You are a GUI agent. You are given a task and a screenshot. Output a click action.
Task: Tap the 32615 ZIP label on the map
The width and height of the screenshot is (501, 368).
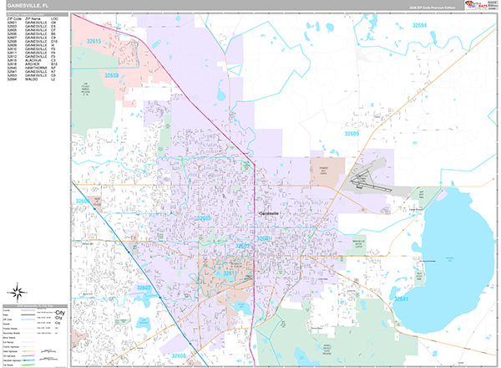coord(94,41)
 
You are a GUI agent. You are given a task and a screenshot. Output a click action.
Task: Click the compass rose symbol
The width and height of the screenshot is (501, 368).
coord(15,292)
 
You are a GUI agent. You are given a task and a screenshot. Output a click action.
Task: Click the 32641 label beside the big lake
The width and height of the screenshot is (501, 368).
coord(402,299)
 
